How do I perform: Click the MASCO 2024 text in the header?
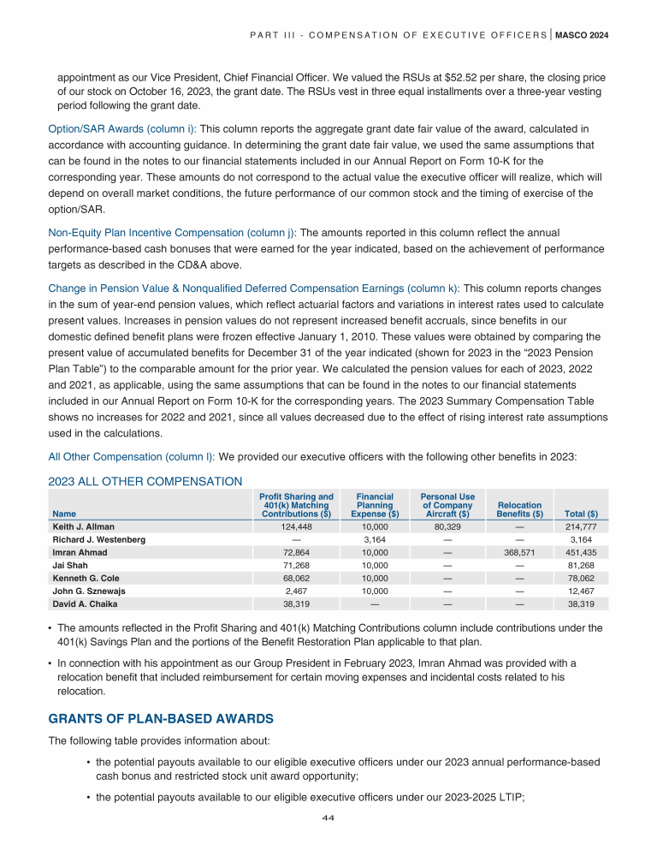[x=582, y=34]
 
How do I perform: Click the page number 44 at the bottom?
[x=328, y=817]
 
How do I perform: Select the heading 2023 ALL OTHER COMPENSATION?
[x=145, y=481]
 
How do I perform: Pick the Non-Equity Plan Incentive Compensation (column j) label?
[x=171, y=232]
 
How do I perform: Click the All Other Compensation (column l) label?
[x=133, y=456]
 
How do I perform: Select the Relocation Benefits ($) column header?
[x=520, y=509]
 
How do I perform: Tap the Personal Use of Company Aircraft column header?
[x=447, y=505]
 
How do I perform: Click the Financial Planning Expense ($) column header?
[x=375, y=505]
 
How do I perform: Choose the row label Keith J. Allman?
[x=84, y=526]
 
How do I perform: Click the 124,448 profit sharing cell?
[x=296, y=526]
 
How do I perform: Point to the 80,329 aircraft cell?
[x=447, y=526]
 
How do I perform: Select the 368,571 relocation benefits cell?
[x=520, y=552]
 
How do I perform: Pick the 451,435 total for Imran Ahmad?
[x=581, y=552]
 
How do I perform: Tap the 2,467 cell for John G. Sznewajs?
[x=296, y=591]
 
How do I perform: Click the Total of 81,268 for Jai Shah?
[x=581, y=565]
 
